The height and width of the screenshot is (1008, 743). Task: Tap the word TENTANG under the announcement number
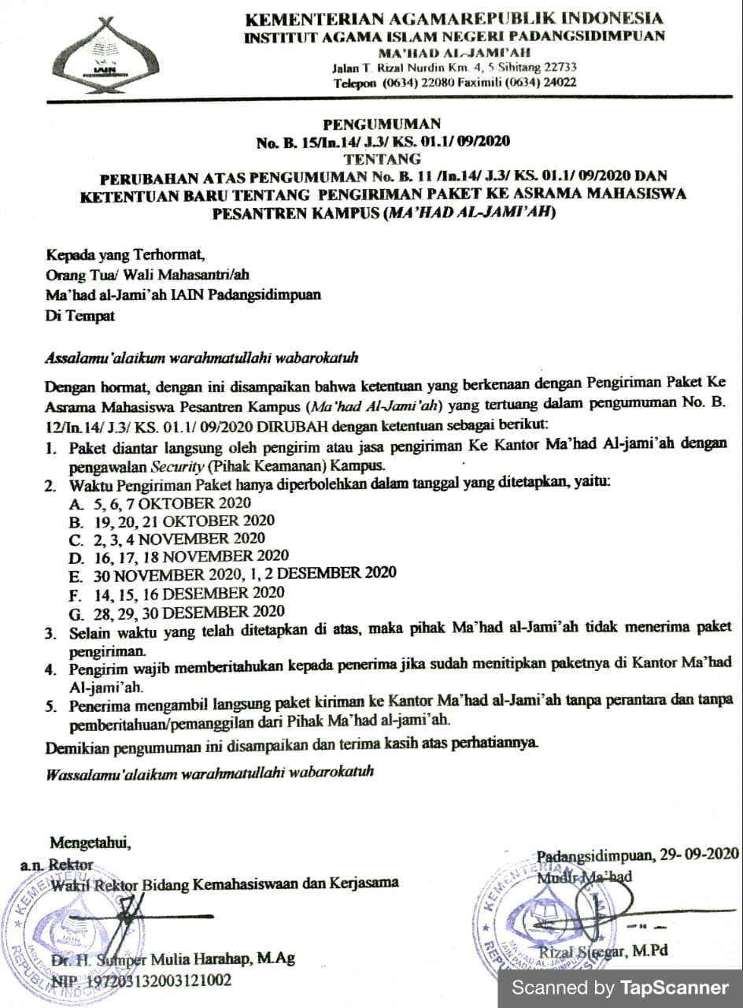[x=382, y=157]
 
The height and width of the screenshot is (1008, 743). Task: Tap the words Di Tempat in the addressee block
[x=80, y=316]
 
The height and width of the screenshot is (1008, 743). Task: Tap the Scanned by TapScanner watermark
[x=620, y=988]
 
